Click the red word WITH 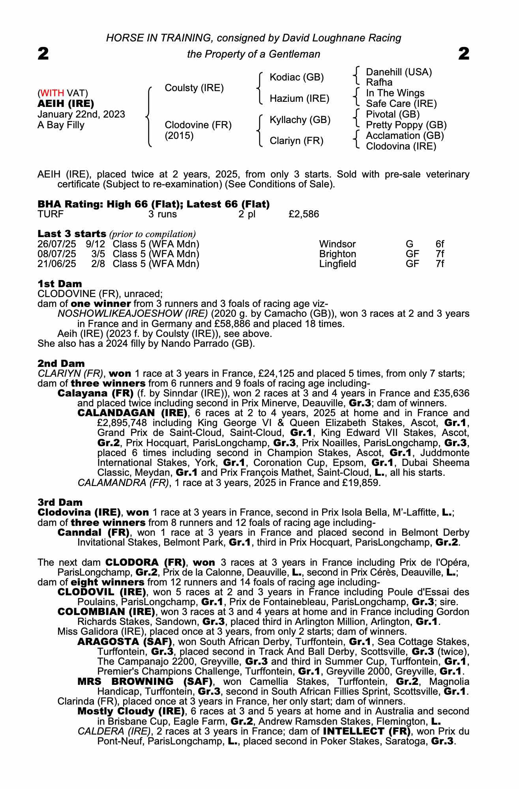tap(52, 93)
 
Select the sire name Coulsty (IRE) tap(194, 88)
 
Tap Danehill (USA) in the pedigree tap(399, 72)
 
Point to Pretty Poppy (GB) tap(406, 125)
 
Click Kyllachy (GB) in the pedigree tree tap(300, 120)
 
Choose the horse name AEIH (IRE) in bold tap(66, 104)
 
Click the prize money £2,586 tap(304, 214)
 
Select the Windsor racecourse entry tap(337, 244)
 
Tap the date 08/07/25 tap(57, 254)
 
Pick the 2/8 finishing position tap(98, 264)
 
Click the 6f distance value tap(440, 244)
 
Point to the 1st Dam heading tap(60, 284)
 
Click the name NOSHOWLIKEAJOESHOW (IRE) tap(133, 314)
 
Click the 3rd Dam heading tap(60, 502)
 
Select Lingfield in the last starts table tap(337, 264)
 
